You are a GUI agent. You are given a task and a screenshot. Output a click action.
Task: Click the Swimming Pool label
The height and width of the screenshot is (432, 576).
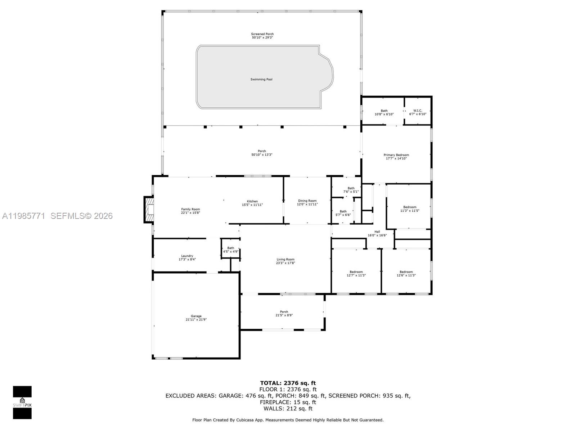[261, 79]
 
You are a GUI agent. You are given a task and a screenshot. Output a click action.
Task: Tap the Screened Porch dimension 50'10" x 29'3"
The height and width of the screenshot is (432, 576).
[262, 37]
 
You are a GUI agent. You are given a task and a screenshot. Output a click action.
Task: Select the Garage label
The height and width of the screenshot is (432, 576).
[196, 316]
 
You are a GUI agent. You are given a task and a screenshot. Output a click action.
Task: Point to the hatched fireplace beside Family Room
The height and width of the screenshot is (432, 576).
[149, 210]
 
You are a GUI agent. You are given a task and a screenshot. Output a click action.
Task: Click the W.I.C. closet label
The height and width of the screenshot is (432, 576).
[418, 111]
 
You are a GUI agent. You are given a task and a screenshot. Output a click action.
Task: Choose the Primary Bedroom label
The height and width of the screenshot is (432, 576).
[396, 155]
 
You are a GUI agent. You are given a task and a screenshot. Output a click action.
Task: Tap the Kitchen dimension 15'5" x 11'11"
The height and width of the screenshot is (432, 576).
[252, 205]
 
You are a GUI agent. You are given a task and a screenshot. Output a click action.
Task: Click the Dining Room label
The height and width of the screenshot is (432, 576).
[307, 201]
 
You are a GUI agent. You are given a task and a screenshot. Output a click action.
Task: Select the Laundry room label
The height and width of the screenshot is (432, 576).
[187, 256]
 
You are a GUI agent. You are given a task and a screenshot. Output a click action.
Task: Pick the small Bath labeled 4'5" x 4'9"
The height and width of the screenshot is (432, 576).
[230, 249]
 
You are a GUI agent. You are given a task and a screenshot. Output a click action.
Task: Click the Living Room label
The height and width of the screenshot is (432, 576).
[285, 259]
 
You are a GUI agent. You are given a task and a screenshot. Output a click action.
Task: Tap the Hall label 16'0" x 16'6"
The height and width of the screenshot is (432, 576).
[377, 234]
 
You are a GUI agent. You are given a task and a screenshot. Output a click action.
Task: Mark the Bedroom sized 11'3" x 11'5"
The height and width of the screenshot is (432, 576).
[410, 209]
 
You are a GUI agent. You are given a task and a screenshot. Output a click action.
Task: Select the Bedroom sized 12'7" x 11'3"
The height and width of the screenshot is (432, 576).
[356, 274]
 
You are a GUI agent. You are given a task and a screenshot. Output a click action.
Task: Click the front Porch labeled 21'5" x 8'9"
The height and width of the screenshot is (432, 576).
[284, 313]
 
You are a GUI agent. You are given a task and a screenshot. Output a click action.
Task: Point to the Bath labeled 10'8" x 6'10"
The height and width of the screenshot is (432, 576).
[384, 112]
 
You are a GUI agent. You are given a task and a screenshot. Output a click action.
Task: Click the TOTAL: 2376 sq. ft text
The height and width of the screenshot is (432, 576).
[288, 383]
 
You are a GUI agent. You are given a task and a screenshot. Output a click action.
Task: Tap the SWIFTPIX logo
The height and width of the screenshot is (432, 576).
[22, 402]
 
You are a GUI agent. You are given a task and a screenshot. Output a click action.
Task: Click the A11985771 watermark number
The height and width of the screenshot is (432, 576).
[24, 216]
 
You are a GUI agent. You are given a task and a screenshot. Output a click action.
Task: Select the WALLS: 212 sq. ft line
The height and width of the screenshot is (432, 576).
[288, 409]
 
